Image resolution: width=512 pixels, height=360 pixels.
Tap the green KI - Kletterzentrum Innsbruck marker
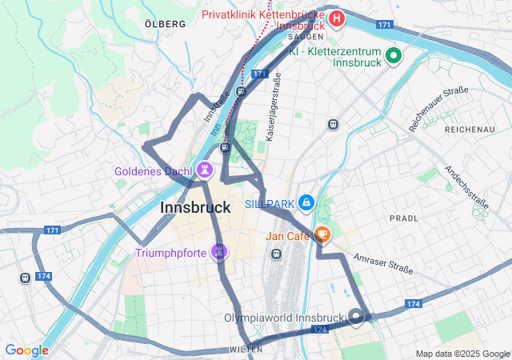coord(393,56)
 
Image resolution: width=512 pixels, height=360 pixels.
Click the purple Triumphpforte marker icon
coord(219,252)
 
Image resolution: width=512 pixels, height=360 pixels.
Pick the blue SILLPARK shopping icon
coord(306,203)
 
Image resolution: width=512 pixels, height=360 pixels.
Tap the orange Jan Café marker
coord(322,234)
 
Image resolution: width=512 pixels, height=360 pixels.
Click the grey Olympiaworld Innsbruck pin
coord(357,317)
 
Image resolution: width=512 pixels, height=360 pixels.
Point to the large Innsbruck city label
coord(196,207)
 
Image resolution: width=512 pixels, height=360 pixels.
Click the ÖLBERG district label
coord(166,24)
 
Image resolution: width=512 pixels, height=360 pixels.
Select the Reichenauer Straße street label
coord(438,109)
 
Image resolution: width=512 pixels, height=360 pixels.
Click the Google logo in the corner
coord(26,350)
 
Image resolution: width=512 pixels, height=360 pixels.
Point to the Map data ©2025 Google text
coord(462,354)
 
